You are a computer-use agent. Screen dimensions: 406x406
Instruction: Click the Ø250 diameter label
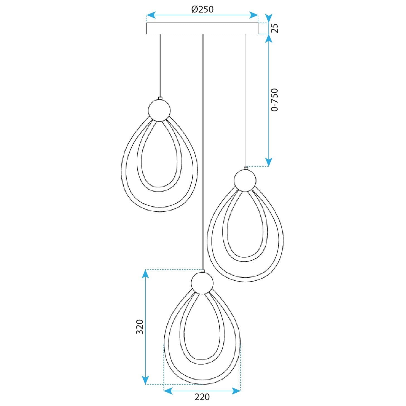point(202,9)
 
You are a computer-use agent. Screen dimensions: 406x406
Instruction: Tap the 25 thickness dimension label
point(275,28)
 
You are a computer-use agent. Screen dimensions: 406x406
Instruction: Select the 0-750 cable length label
point(275,100)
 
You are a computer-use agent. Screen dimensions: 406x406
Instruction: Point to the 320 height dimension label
point(140,327)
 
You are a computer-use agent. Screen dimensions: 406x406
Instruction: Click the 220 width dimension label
point(202,397)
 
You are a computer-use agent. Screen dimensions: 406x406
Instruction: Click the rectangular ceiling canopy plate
point(202,28)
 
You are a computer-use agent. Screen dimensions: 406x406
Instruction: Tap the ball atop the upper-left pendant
point(159,110)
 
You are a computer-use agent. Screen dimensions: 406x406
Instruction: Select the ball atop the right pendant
point(245,180)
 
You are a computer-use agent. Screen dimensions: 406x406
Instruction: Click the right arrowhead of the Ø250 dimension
point(254,15)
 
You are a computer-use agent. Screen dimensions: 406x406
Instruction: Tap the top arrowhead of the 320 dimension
point(145,274)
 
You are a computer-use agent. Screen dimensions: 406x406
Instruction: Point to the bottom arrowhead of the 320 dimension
point(145,380)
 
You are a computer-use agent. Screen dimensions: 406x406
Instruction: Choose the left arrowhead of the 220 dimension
point(168,392)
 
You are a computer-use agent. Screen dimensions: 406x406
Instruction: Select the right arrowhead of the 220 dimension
point(236,392)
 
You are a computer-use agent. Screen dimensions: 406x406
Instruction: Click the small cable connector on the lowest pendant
point(203,271)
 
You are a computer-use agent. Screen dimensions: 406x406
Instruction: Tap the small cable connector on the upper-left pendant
point(160,98)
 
